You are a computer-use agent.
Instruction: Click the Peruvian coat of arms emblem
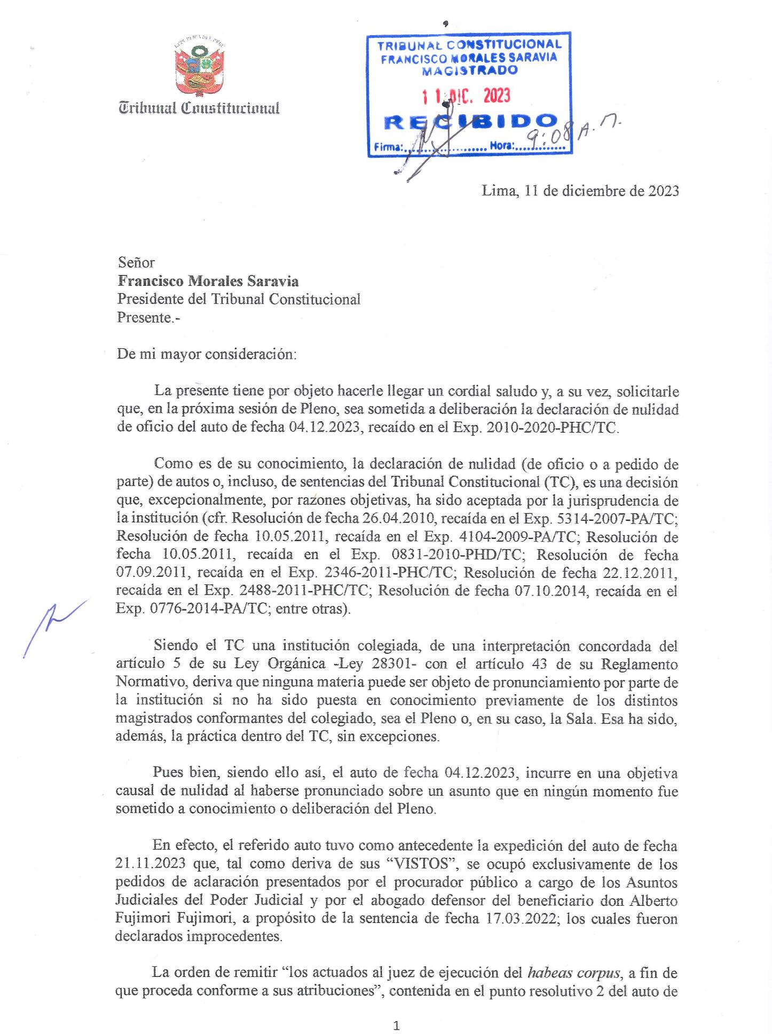199,66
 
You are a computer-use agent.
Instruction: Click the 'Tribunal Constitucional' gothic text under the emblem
199,108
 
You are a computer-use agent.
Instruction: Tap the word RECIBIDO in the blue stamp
470,122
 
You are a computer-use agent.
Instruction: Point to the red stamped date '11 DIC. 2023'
466,96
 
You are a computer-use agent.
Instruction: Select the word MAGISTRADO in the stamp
469,70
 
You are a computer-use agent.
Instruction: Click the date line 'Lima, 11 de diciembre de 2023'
580,191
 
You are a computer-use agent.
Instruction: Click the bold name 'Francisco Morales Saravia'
208,281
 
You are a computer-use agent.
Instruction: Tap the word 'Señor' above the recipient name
136,262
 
